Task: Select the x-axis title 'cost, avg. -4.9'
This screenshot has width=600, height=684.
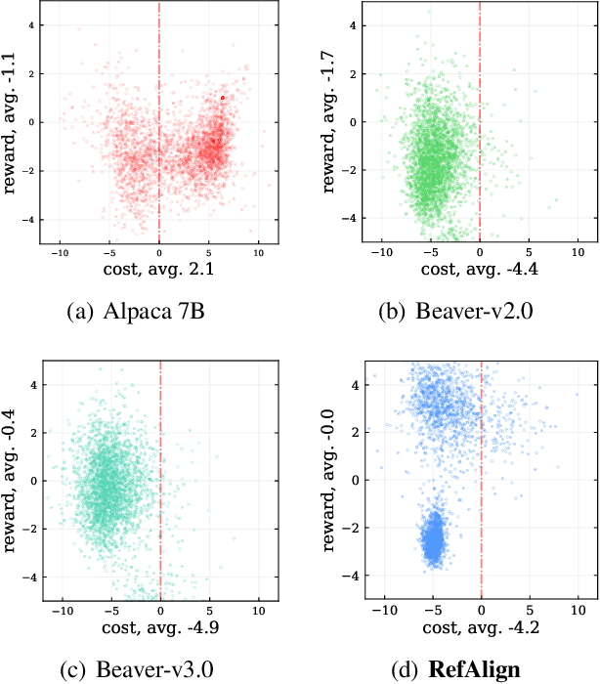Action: [x=159, y=624]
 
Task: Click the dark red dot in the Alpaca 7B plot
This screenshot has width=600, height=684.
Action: [x=223, y=98]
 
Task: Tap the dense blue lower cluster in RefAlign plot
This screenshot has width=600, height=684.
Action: [x=432, y=540]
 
